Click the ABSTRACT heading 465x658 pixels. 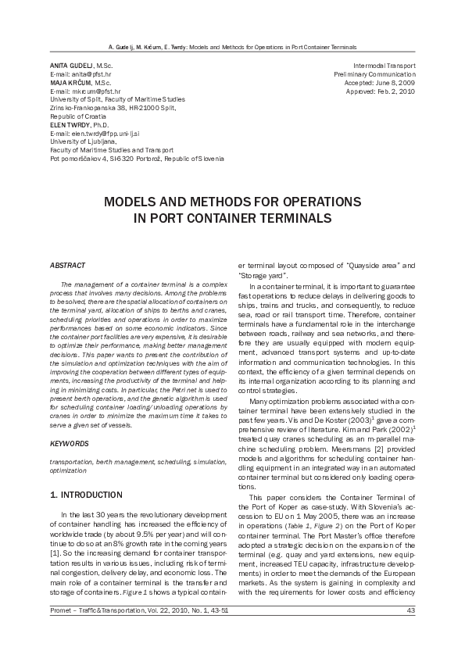[67, 266]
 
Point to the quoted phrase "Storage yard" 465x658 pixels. [263, 276]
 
